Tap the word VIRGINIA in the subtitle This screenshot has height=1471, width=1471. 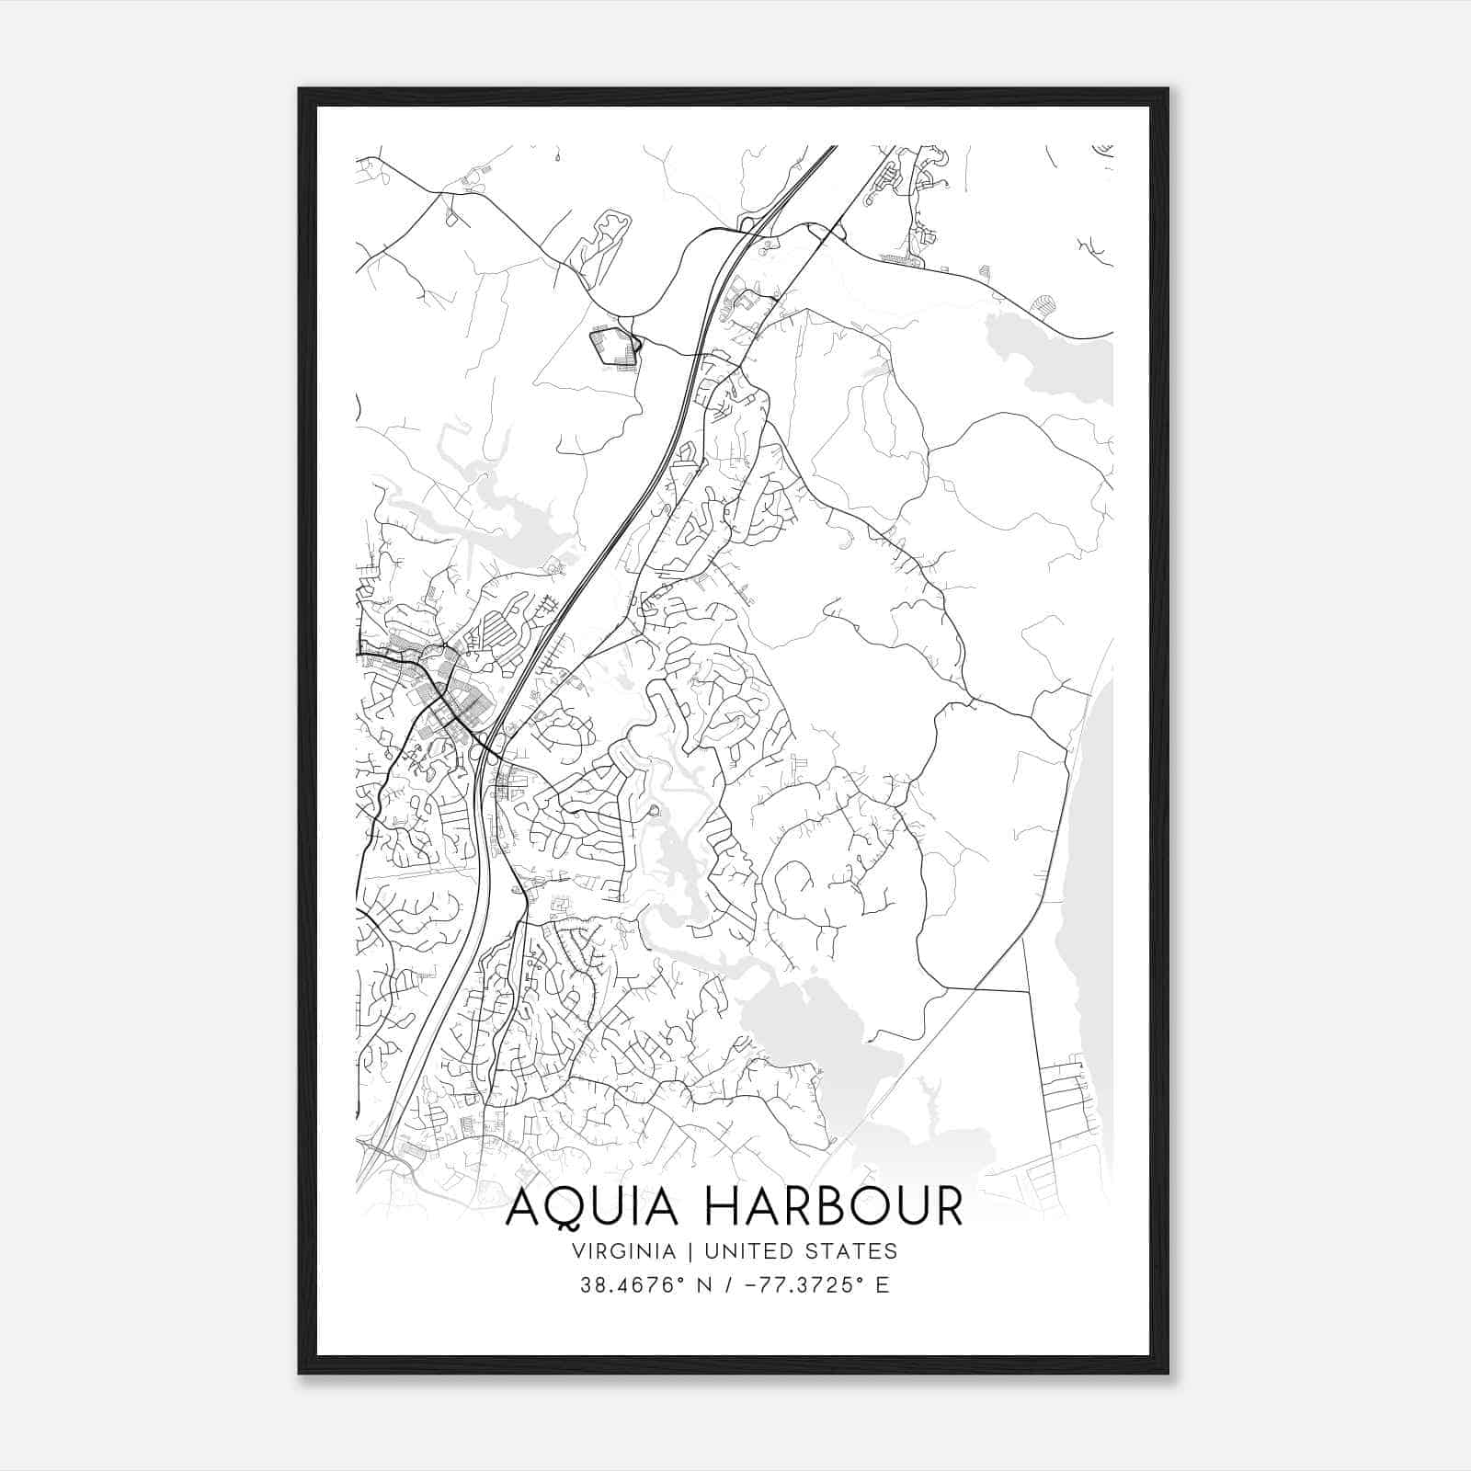(622, 1251)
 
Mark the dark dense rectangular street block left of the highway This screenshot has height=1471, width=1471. (614, 348)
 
